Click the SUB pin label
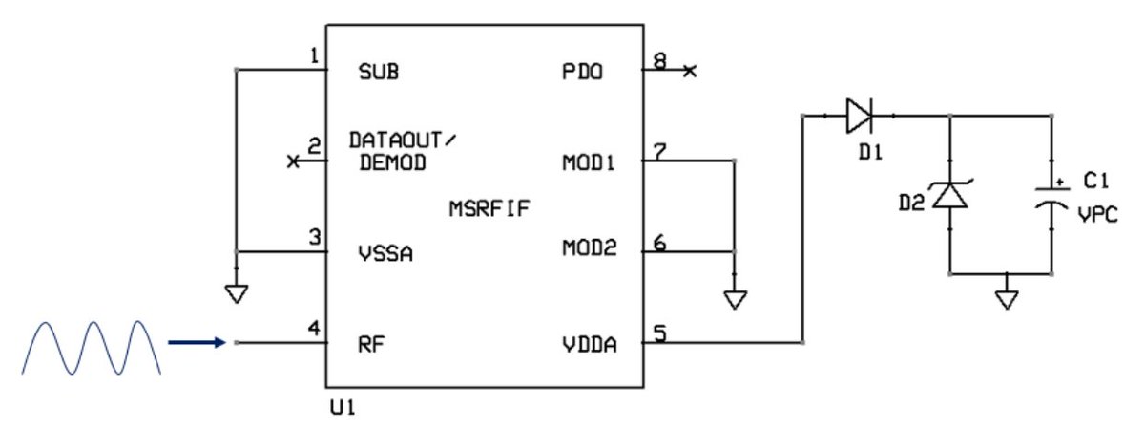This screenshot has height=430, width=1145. click(x=378, y=72)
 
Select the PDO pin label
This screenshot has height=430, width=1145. click(x=583, y=72)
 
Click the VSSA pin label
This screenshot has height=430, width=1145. click(x=385, y=255)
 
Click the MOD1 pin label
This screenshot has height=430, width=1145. click(x=589, y=162)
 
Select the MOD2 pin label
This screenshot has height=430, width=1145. click(x=589, y=249)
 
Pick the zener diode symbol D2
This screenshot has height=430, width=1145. click(x=948, y=195)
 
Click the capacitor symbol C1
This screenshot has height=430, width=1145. click(x=1051, y=196)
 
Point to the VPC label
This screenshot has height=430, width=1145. click(x=1095, y=215)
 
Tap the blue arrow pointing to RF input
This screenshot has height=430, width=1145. click(x=197, y=341)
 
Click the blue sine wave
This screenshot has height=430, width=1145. click(x=87, y=346)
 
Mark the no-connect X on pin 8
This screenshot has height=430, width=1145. click(x=690, y=71)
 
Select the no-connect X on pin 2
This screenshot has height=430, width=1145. click(x=293, y=162)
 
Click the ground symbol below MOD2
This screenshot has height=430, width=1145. click(x=734, y=299)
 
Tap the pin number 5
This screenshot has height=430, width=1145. click(x=658, y=333)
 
